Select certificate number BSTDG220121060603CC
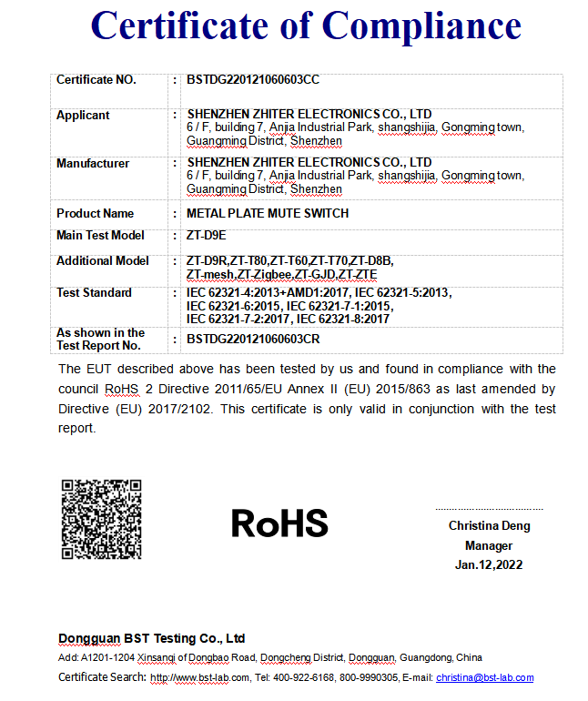[253, 80]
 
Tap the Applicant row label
[83, 116]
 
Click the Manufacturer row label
[93, 164]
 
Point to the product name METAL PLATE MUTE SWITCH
[268, 213]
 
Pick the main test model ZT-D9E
[206, 235]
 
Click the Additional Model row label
[103, 260]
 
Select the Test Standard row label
[94, 293]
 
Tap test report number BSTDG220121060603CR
[253, 339]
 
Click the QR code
[102, 520]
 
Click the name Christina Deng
[489, 526]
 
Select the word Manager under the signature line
[489, 545]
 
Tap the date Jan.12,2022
[489, 564]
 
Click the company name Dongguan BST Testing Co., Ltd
[152, 638]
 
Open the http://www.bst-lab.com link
[199, 677]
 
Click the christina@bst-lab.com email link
[484, 677]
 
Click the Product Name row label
[95, 213]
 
